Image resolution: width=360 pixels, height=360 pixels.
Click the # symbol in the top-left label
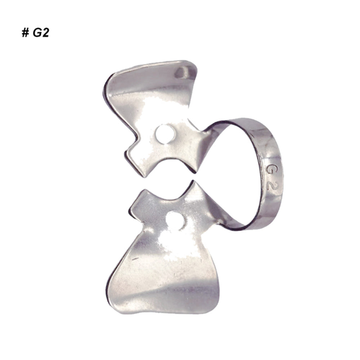(25, 33)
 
